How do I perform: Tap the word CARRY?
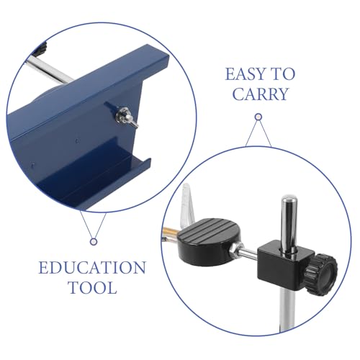(x=260, y=94)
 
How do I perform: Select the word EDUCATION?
(x=92, y=268)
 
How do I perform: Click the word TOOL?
(x=93, y=287)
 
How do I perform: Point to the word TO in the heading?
(x=284, y=74)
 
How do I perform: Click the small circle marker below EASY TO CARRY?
(x=258, y=117)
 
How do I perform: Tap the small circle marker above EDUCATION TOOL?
(x=94, y=242)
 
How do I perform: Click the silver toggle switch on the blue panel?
(x=126, y=117)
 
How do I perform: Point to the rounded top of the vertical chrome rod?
(x=289, y=199)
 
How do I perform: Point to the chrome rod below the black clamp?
(x=287, y=310)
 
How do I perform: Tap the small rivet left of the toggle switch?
(x=77, y=140)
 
